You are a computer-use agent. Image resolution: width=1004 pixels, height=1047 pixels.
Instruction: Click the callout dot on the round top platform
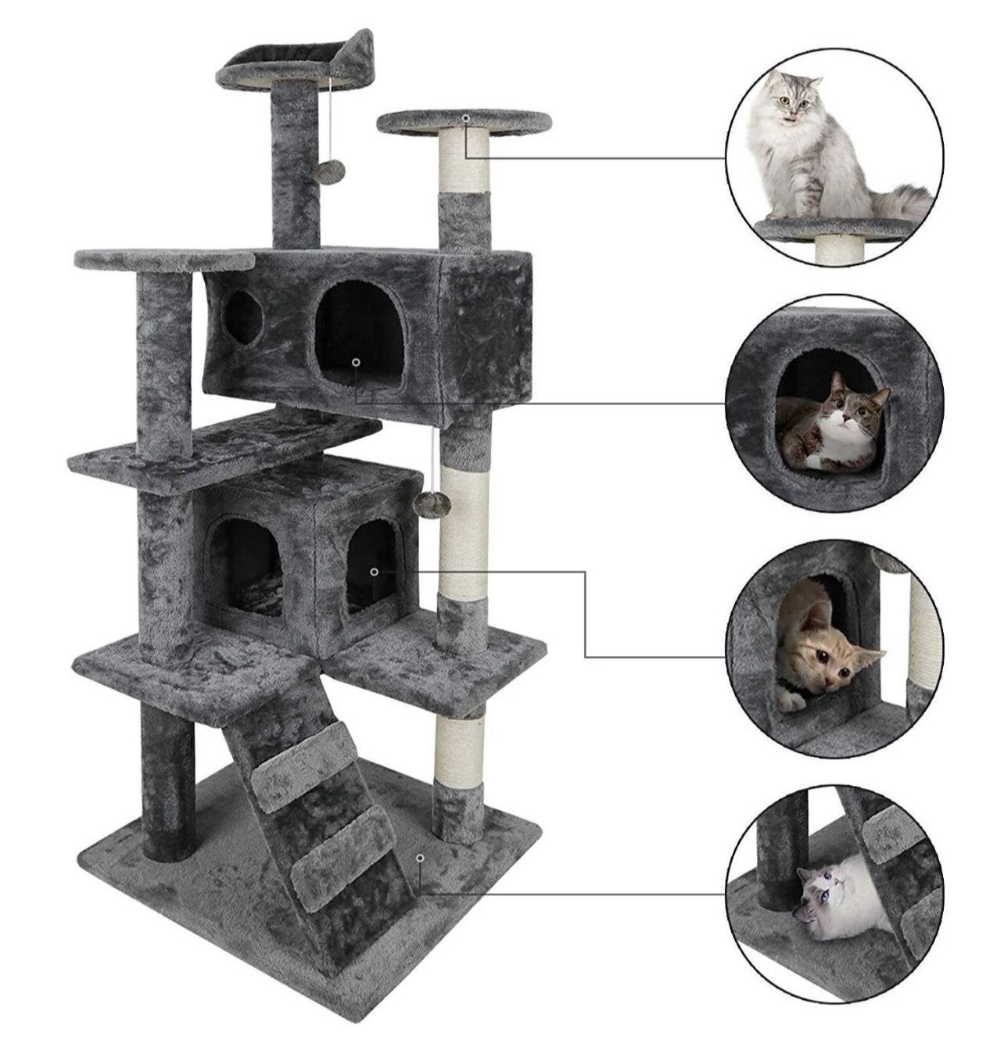(x=465, y=117)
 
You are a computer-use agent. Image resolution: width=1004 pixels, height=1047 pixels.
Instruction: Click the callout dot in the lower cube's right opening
(x=375, y=572)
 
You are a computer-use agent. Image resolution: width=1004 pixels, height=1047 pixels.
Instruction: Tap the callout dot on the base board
(x=421, y=858)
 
